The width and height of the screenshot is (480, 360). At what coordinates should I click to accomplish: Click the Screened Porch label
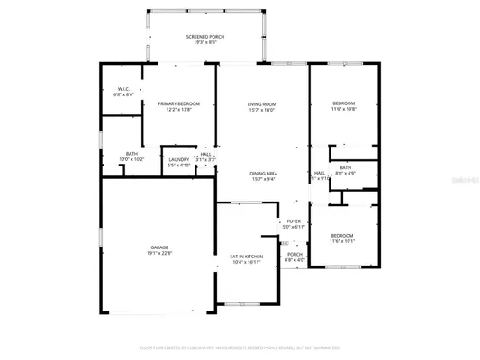(x=205, y=36)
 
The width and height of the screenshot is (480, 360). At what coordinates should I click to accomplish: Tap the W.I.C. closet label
(x=125, y=89)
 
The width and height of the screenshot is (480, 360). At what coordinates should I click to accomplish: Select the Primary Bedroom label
(x=179, y=104)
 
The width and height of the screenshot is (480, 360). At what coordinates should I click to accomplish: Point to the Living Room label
(x=262, y=104)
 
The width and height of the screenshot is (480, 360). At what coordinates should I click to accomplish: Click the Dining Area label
(x=264, y=172)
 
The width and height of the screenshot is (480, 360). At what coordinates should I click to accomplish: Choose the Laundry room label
(x=178, y=159)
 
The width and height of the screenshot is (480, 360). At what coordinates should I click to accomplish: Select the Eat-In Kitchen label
(x=247, y=256)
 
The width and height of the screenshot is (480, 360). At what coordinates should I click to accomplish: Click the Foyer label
(x=294, y=221)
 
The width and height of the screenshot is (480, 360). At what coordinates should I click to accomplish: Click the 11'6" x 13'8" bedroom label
(x=344, y=103)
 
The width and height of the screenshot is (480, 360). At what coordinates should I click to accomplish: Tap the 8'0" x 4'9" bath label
(x=345, y=167)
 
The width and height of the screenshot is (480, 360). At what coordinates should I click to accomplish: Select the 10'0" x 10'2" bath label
(x=131, y=154)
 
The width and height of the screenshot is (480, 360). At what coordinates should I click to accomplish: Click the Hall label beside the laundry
(x=206, y=154)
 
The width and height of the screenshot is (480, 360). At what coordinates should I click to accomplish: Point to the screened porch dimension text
(x=205, y=42)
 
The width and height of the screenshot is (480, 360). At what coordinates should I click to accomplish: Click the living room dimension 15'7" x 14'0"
(x=262, y=111)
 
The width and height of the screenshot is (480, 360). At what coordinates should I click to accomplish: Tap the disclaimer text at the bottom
(x=240, y=346)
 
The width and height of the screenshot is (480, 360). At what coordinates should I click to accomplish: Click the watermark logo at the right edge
(x=466, y=180)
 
